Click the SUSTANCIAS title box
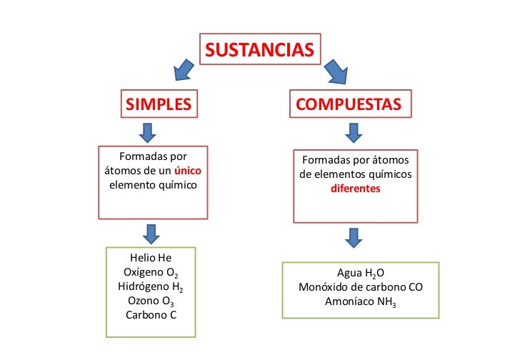260,50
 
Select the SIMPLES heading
159,104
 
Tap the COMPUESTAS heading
349,104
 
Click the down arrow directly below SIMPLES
149,131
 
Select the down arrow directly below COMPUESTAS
353,132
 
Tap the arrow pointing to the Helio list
151,233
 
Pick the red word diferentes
355,190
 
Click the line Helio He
151,258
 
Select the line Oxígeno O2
151,272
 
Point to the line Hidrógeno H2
151,286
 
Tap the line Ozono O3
151,301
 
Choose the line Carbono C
151,314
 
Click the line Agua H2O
361,274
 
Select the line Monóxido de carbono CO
361,288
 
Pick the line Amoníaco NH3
361,302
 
